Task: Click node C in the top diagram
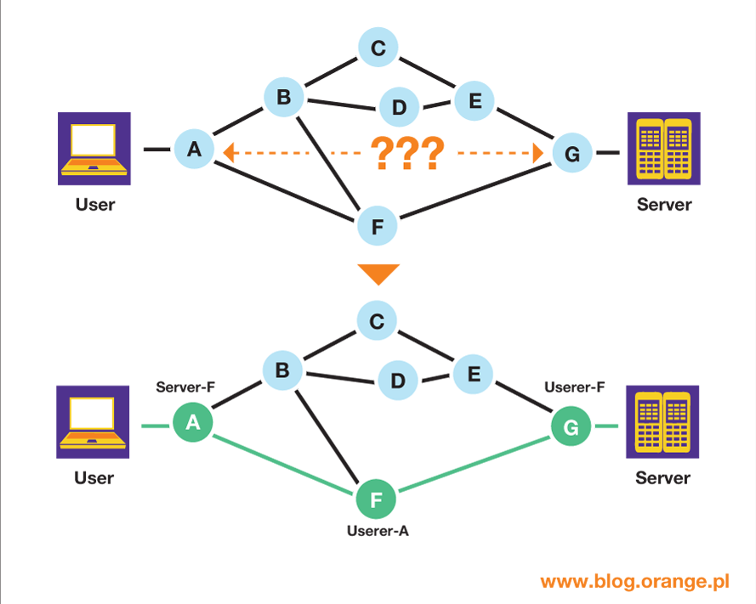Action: tap(378, 48)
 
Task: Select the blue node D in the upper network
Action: tap(398, 108)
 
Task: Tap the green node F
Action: tap(377, 500)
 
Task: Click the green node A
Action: tap(193, 424)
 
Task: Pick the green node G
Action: tap(571, 428)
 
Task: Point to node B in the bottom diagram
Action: tap(283, 371)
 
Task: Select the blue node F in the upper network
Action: tap(378, 226)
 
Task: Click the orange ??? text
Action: tap(408, 154)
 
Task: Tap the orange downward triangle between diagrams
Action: tap(378, 274)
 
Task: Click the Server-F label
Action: tap(185, 387)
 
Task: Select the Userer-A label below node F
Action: tap(378, 532)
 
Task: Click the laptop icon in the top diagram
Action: tap(94, 150)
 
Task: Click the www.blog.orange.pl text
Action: tap(635, 582)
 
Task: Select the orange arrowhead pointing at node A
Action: tap(229, 153)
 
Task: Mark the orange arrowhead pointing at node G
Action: tap(537, 154)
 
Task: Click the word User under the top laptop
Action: tap(94, 205)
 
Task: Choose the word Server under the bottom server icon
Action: tap(662, 477)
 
